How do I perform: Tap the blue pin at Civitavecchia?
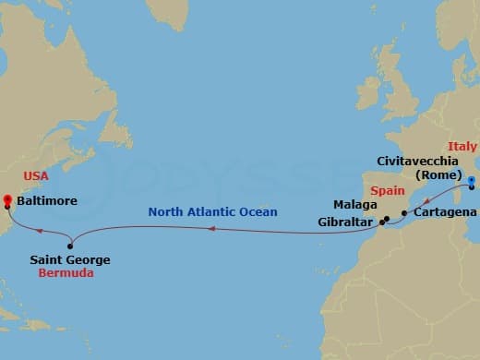click(471, 181)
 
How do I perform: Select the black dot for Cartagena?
click(404, 213)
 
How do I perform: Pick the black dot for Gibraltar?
click(382, 222)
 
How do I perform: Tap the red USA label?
click(36, 175)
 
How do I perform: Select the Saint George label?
click(70, 260)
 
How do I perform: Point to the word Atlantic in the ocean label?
click(218, 212)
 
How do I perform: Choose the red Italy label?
click(462, 147)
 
